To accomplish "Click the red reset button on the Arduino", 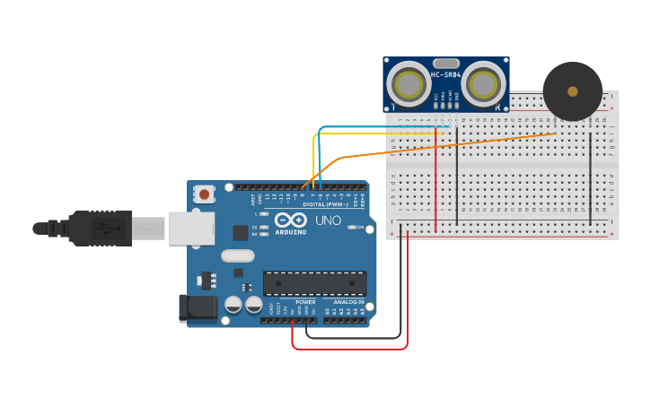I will point(205,194).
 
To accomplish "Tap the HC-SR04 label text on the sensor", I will point(446,74).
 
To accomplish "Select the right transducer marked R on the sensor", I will point(483,84).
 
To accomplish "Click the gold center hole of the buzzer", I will point(573,91).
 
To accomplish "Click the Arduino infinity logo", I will point(291,220).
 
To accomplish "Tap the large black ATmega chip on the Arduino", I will point(314,283).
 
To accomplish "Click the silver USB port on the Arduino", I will point(190,227).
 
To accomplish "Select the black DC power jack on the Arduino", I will point(198,308).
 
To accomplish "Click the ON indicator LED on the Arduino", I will point(351,228).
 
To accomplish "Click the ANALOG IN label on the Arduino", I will point(348,302).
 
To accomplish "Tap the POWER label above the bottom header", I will point(305,302).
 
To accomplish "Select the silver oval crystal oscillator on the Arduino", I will point(237,255).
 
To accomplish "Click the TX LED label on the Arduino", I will point(255,228).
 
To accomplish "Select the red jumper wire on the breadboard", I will point(436,179).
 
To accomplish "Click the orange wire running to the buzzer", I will point(449,145).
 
